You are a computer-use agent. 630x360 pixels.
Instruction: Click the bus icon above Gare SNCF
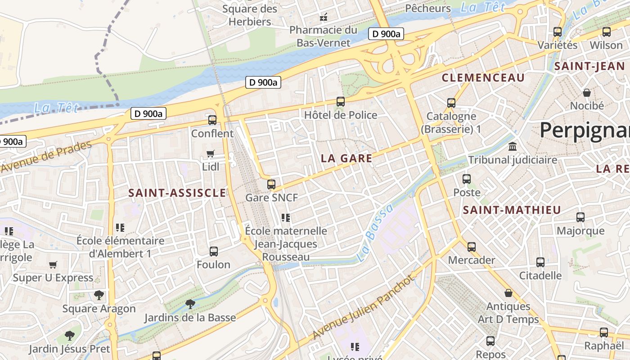271,184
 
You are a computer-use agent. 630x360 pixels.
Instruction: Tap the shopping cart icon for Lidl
210,154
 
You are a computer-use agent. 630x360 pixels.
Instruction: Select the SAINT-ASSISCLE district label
177,193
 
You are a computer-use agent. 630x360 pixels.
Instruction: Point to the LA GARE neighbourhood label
346,158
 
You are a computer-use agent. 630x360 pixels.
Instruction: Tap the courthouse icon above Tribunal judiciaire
512,147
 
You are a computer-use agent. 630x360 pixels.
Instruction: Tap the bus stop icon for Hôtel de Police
341,102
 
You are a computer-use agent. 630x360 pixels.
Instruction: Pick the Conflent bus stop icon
212,120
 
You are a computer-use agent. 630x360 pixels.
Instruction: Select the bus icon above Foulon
214,251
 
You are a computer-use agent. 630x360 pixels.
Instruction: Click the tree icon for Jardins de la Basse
190,304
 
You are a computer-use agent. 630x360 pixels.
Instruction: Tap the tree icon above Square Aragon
99,295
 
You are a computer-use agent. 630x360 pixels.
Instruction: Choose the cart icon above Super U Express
53,265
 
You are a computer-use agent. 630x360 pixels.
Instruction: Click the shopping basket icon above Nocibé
587,93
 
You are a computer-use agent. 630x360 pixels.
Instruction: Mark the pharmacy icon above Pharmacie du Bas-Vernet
323,18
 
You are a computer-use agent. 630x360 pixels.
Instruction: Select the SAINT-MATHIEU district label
512,210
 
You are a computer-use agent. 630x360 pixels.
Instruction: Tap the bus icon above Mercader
471,247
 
